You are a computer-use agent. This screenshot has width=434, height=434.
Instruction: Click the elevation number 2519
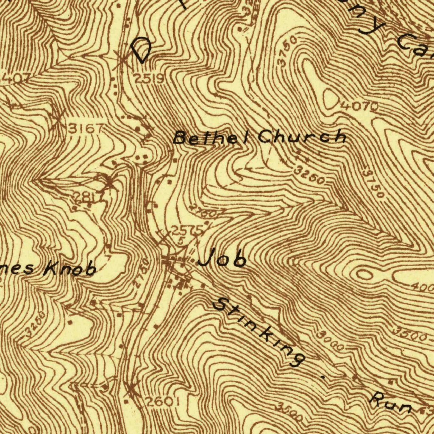tap(149, 78)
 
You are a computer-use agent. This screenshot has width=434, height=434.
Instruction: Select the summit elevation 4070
tap(359, 107)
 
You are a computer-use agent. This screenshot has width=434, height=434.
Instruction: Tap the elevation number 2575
tap(188, 231)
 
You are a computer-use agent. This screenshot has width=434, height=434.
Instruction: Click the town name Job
tap(222, 258)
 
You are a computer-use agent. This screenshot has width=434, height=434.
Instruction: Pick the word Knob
tap(70, 268)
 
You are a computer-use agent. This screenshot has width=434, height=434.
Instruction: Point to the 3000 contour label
tap(329, 340)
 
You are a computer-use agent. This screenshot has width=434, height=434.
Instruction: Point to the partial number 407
tap(16, 78)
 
